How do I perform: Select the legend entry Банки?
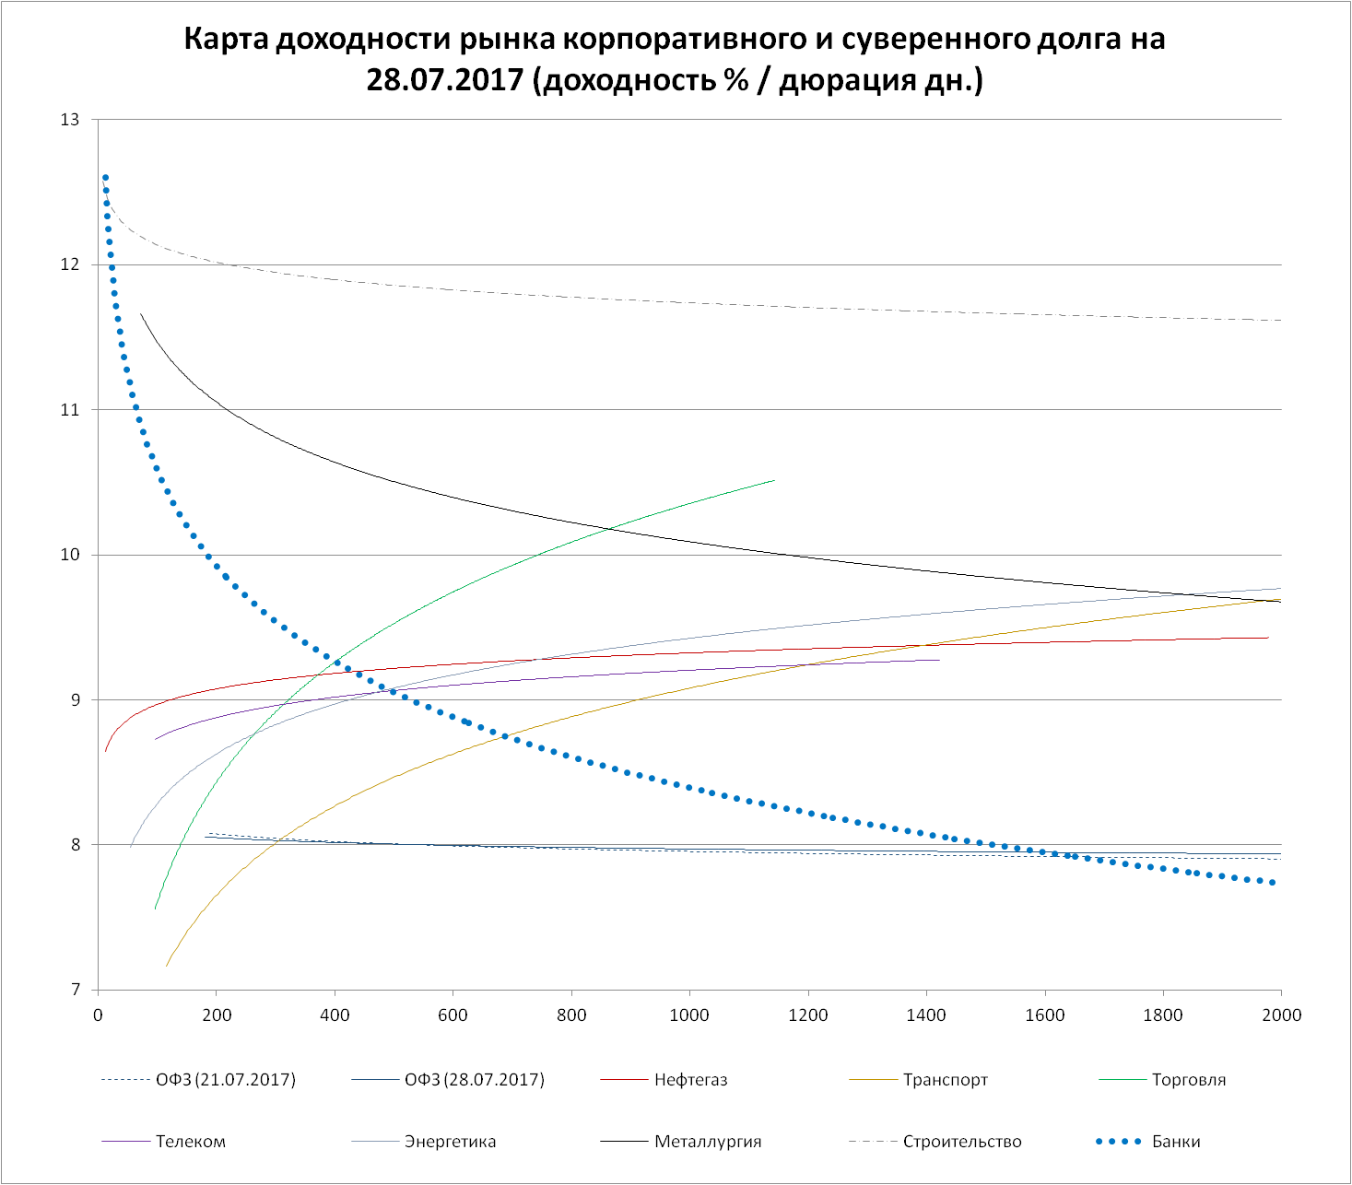tap(1176, 1142)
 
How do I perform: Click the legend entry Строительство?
tap(962, 1142)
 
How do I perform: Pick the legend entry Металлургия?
tap(708, 1142)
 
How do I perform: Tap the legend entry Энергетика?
tap(450, 1142)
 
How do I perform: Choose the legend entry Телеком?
tap(191, 1142)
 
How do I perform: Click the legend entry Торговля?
tap(1189, 1080)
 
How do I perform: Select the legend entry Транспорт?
tap(946, 1080)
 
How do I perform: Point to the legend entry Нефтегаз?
tap(691, 1080)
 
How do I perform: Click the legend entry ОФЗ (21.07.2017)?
tap(226, 1080)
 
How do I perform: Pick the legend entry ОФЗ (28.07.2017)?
tap(475, 1080)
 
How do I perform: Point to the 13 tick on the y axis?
tap(71, 120)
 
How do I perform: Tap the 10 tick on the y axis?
tap(71, 555)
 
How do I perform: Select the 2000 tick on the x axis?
tap(1281, 1015)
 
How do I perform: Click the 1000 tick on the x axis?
tap(689, 1015)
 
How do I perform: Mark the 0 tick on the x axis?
tap(98, 1015)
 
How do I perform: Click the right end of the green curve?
tap(773, 480)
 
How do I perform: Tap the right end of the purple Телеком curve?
tap(938, 660)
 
